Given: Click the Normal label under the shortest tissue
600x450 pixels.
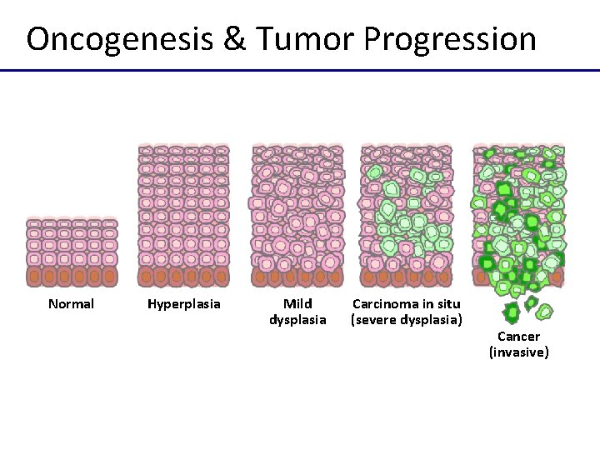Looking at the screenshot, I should [x=71, y=304].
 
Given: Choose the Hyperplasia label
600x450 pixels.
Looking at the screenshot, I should [x=184, y=304].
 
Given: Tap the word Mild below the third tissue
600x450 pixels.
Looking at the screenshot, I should [x=297, y=304].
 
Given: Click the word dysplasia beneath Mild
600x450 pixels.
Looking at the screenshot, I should [x=297, y=320].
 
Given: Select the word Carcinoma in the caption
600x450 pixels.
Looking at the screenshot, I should [x=388, y=304].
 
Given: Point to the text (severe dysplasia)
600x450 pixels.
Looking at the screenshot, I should [x=407, y=320].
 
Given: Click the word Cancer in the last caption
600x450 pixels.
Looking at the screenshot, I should [x=518, y=337].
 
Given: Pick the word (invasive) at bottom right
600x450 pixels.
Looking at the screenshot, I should [x=518, y=352].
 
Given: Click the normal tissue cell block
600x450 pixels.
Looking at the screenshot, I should [x=72, y=252].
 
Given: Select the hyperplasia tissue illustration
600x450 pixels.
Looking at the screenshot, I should [x=183, y=216].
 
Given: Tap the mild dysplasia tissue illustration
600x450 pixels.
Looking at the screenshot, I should [x=297, y=216].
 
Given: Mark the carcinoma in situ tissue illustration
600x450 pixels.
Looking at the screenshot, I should [x=407, y=216].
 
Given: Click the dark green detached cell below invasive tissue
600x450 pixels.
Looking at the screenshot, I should [x=512, y=313].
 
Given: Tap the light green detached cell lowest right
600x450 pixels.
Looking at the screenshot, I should [x=544, y=312].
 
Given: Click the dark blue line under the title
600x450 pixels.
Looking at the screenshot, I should [x=300, y=71].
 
